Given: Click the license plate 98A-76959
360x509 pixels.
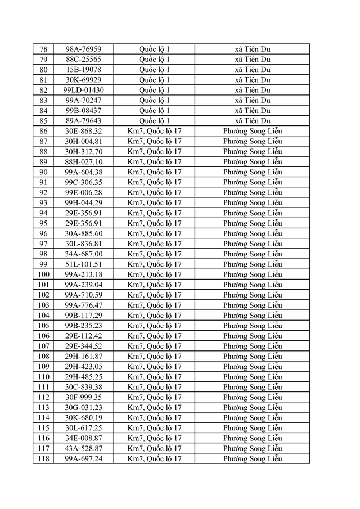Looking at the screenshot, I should click(83, 49).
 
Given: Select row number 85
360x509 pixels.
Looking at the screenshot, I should click(43, 121).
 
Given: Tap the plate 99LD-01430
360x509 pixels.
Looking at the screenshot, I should click(83, 90).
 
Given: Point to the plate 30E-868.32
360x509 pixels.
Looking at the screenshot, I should click(83, 131).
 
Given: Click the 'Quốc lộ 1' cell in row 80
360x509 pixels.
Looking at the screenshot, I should click(154, 70).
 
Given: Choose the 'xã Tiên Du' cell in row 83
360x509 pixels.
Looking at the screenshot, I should click(252, 100).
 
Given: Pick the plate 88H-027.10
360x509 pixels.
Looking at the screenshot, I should click(83, 162).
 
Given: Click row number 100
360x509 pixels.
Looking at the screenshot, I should click(43, 274).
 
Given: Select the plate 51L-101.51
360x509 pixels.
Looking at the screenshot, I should click(83, 264).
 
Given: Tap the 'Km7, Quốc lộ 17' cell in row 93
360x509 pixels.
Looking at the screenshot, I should click(154, 202).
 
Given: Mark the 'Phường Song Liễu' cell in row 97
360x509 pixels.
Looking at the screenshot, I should click(252, 244).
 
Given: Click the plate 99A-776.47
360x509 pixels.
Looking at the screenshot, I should click(83, 305).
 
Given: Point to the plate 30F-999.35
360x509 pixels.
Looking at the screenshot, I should click(83, 397).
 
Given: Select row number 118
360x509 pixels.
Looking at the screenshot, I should click(43, 458).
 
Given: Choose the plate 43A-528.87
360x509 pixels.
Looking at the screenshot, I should click(83, 448).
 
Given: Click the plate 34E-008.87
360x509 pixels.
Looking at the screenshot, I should click(83, 438).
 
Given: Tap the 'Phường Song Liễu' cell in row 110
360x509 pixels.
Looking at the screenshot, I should click(252, 377).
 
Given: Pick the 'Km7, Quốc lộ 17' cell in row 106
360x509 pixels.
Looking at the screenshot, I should click(154, 336).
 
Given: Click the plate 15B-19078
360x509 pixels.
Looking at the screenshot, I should click(83, 70).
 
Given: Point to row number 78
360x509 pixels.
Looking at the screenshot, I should click(43, 49).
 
